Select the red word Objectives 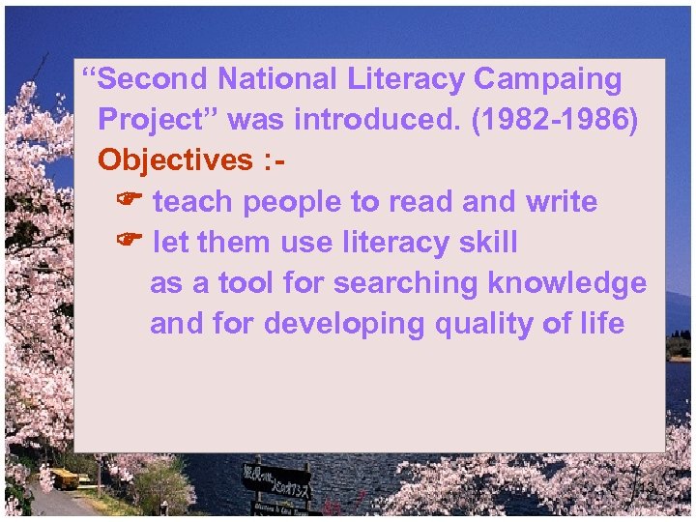pyautogui.click(x=175, y=159)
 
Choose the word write pyautogui.click(x=562, y=201)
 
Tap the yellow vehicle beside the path pyautogui.click(x=65, y=478)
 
